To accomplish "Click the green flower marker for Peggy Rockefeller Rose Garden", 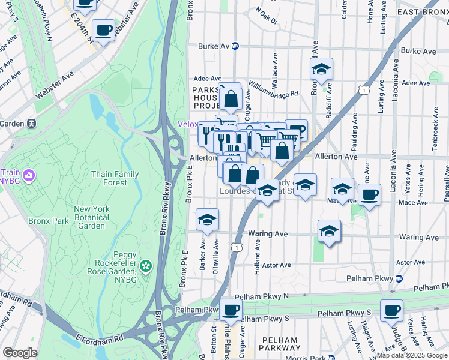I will point(145,265).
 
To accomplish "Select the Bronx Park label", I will point(46,221).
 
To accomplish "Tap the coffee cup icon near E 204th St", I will point(104,29).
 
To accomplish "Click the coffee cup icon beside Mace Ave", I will point(370,194).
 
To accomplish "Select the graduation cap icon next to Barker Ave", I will point(207,220).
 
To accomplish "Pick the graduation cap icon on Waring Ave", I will point(329,230).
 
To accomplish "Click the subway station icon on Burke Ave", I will point(236,46).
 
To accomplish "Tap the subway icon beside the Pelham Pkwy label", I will point(399,278).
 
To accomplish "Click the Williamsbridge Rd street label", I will point(273,90).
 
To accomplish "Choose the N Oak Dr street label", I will point(267,15).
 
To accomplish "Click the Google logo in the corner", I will point(20,353).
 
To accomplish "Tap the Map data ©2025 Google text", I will point(412,355).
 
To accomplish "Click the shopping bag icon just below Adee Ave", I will point(231,98).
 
